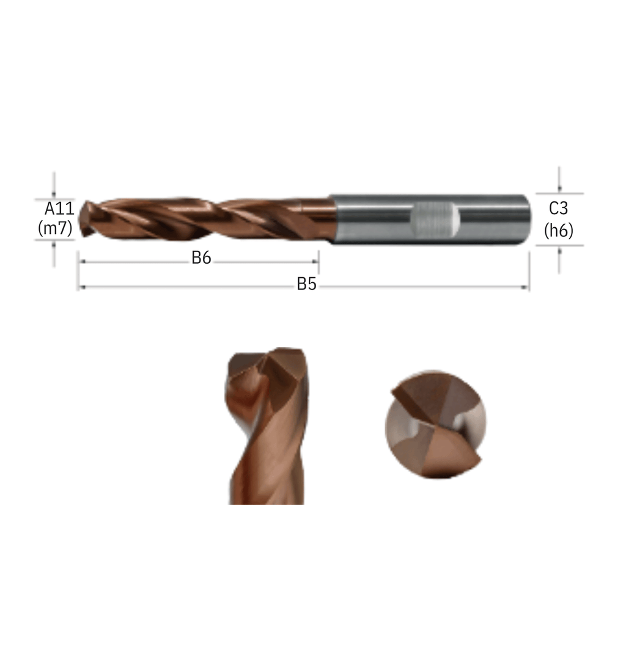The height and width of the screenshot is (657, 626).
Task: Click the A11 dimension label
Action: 59,208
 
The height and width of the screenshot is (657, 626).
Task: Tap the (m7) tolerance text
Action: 55,228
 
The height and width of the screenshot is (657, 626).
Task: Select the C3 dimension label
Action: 559,208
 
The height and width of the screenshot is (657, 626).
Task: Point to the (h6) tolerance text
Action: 559,230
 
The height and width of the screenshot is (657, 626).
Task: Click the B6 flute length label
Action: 201,258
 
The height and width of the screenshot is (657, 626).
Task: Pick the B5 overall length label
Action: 306,284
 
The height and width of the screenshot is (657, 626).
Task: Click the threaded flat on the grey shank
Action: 435,220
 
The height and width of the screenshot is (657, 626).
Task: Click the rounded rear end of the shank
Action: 528,219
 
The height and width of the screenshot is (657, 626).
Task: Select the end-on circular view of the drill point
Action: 435,424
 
